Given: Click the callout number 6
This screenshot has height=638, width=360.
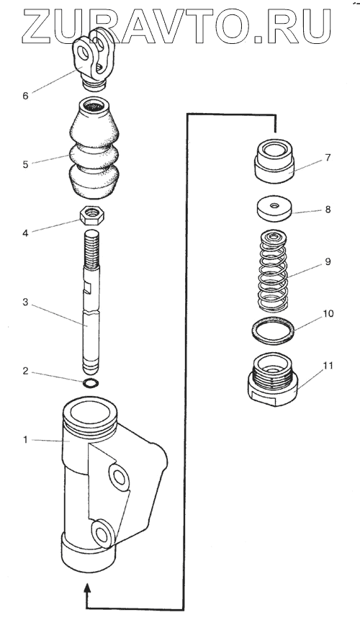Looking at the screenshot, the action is click(26, 96).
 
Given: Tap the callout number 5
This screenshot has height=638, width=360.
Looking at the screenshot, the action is click(26, 165).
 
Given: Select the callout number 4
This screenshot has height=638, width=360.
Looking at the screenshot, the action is click(26, 233).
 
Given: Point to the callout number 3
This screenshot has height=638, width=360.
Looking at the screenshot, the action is click(25, 302).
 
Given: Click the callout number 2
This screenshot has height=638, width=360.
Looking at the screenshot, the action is click(25, 371).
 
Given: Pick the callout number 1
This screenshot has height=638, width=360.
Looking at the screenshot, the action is click(25, 440).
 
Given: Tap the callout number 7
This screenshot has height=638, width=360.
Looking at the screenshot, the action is click(328, 158).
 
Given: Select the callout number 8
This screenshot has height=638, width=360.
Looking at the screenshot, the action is click(328, 210).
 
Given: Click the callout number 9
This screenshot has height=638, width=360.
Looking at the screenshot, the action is click(328, 261).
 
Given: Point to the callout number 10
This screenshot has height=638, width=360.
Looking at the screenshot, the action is click(328, 314).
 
